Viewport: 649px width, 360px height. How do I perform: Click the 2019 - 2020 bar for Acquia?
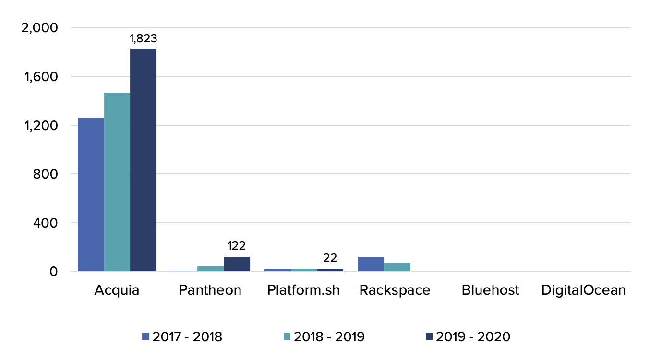tap(143, 160)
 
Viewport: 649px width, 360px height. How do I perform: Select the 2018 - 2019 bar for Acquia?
tap(117, 182)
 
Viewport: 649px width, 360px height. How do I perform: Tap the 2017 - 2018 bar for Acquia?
tap(91, 194)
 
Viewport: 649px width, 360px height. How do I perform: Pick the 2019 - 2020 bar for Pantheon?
tap(237, 264)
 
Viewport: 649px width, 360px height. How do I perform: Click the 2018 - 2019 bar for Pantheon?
tap(211, 269)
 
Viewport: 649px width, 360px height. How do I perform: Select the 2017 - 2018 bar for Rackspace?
tap(371, 264)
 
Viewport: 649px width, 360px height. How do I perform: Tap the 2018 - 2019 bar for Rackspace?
tap(397, 267)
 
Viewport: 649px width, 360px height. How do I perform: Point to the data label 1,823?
tap(144, 38)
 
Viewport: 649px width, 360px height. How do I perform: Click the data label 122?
tap(237, 246)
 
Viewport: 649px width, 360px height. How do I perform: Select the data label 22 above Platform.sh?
tap(330, 258)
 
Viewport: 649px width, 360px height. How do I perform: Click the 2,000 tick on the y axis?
tap(40, 28)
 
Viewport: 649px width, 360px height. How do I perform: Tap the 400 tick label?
tap(46, 223)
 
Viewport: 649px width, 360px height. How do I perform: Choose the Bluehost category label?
tap(490, 290)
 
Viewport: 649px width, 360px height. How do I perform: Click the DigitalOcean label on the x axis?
tap(583, 290)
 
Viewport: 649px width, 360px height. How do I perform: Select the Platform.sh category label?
tap(303, 290)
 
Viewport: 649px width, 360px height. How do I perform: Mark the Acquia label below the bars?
tap(117, 290)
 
